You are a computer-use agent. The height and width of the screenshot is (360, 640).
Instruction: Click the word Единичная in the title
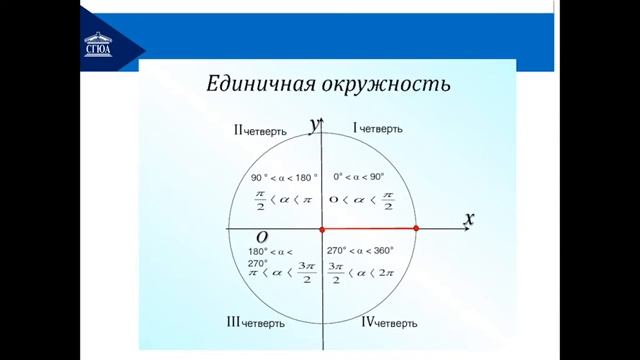257,84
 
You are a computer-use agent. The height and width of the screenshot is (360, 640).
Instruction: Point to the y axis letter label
315,124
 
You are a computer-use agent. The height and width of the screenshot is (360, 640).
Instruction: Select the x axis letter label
468,218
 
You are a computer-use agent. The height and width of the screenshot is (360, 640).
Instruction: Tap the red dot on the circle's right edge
415,229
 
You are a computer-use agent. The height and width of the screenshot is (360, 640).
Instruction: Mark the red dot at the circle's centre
323,229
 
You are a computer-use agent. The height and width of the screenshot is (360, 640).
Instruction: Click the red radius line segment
369,229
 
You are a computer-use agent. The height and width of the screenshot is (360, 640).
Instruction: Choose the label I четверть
377,129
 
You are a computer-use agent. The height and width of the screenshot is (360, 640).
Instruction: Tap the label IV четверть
389,322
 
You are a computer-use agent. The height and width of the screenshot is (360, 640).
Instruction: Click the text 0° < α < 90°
359,177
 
